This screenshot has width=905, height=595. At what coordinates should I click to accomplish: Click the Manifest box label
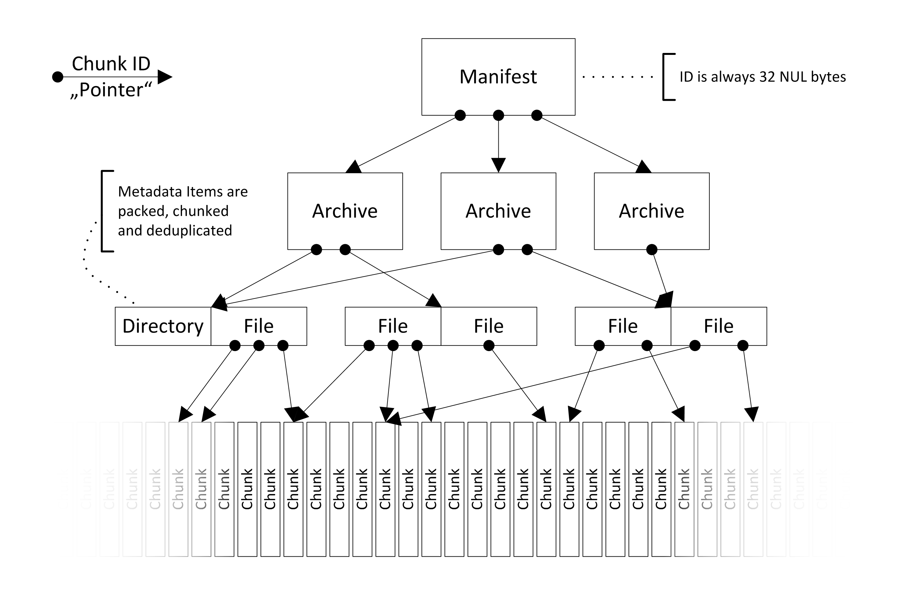[498, 77]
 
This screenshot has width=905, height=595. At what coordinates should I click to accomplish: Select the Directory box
[163, 326]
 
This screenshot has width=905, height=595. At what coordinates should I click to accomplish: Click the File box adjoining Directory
[259, 326]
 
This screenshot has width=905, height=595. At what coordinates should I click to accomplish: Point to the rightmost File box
[718, 326]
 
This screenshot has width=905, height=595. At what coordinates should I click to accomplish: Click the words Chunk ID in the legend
[111, 63]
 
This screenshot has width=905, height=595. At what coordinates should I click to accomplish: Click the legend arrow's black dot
[57, 77]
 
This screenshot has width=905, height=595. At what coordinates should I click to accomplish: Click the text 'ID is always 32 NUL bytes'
[763, 77]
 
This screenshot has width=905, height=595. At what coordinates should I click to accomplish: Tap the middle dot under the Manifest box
[498, 115]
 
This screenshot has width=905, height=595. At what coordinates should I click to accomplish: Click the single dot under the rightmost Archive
[651, 249]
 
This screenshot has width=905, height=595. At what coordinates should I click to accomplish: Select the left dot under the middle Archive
[498, 249]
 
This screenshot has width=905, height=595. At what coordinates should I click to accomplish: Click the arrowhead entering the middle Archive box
[498, 165]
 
